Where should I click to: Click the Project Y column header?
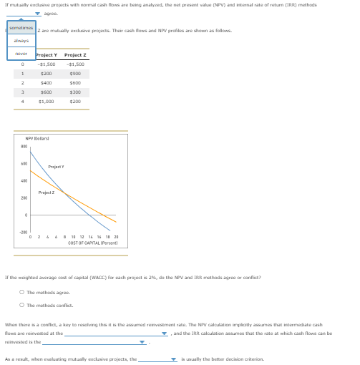coord(47,55)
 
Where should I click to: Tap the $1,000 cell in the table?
coord(47,102)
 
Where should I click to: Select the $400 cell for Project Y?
coord(47,83)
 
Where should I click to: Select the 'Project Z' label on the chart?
coord(46,193)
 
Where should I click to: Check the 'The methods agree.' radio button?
coord(22,291)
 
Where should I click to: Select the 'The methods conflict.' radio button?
coord(22,304)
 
